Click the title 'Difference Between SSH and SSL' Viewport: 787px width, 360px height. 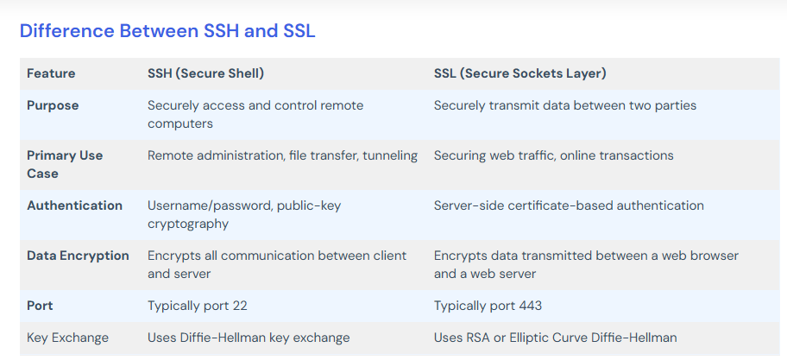pos(167,31)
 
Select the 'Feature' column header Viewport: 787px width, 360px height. pos(51,73)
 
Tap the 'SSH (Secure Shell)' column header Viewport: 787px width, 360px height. pos(205,73)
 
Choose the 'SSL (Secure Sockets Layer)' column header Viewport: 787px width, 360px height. pos(519,73)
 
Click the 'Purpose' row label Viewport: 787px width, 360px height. pos(53,105)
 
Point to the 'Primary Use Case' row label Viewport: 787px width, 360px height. pos(65,164)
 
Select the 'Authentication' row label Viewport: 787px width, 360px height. pos(74,205)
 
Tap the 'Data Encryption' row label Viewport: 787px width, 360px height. pos(78,256)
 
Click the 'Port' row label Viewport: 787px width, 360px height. pos(41,306)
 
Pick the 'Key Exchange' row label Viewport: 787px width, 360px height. pos(67,338)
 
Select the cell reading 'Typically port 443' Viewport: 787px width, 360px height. pos(488,306)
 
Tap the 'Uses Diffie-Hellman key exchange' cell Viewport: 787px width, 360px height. pos(249,338)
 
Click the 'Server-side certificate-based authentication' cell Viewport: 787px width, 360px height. pos(569,205)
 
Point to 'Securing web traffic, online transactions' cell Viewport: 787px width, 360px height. pos(553,155)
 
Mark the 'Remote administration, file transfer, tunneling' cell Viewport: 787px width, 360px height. pos(282,155)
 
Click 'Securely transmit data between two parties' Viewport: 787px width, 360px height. pos(565,105)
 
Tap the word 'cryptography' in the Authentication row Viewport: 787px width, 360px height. pos(187,224)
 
